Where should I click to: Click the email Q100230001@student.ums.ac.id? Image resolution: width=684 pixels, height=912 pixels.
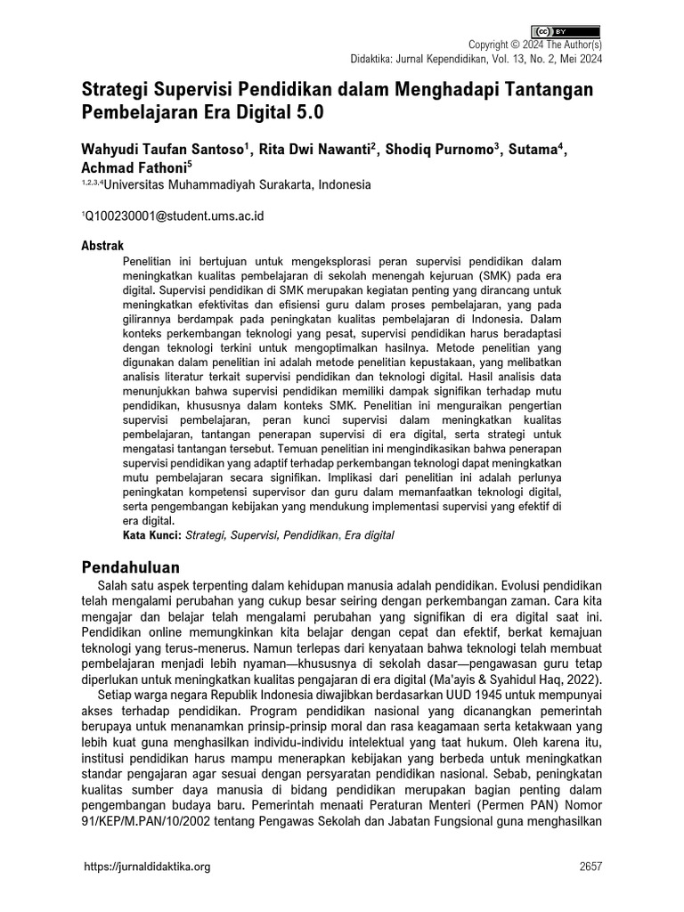click(x=175, y=216)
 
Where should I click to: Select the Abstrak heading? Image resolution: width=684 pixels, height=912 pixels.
click(x=102, y=245)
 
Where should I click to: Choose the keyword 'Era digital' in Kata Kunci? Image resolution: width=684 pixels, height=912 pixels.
click(x=369, y=535)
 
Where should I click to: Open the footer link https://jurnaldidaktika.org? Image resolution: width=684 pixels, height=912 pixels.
click(x=147, y=867)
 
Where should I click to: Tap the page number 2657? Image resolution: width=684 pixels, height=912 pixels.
click(x=590, y=867)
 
